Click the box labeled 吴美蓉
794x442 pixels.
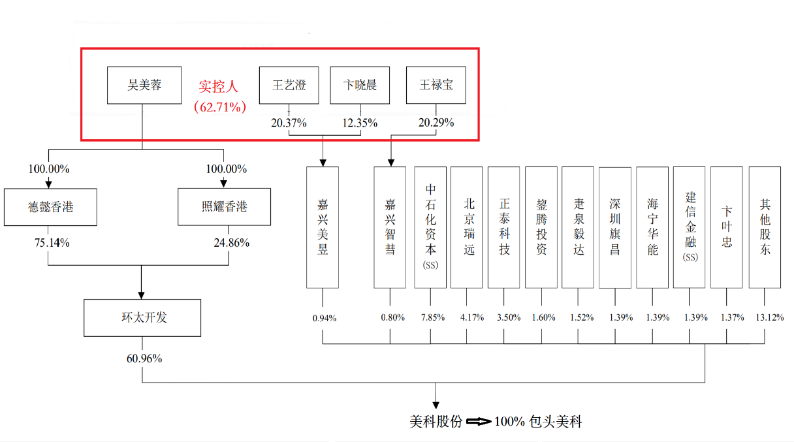[144, 85]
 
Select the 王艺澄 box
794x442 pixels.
[289, 85]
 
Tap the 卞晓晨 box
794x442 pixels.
[360, 85]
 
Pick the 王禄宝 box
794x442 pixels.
[436, 85]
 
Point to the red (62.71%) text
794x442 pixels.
[219, 106]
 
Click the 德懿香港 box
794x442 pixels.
[50, 208]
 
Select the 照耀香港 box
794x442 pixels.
[224, 208]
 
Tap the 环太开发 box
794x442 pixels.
[142, 318]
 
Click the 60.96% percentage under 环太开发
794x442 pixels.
[144, 358]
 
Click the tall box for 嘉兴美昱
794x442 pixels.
[323, 227]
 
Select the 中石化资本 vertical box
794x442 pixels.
[430, 227]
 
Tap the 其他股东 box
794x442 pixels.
[765, 227]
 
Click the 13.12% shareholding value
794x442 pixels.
[765, 318]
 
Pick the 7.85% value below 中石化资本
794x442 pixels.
[431, 318]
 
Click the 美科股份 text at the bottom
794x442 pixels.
[436, 422]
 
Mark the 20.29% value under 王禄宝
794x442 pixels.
[436, 123]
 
